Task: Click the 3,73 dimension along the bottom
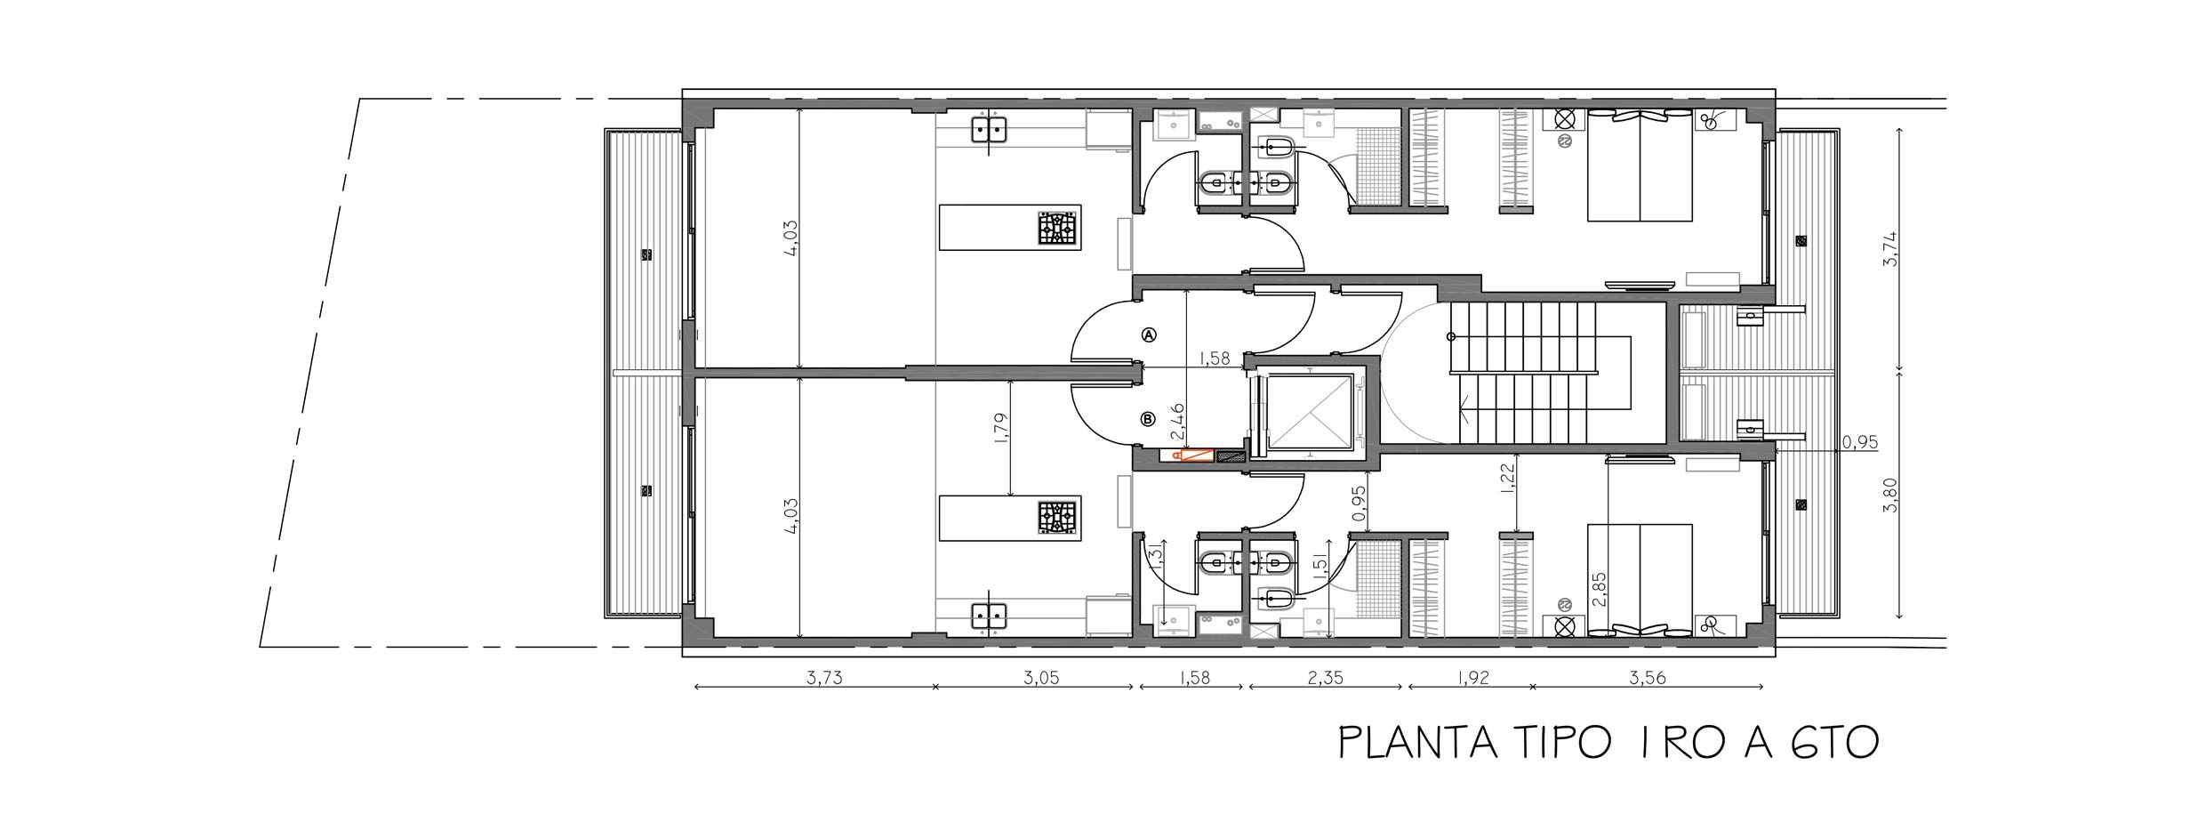pos(824,678)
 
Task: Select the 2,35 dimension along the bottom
pos(1325,678)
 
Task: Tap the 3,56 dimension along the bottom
pos(1647,678)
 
